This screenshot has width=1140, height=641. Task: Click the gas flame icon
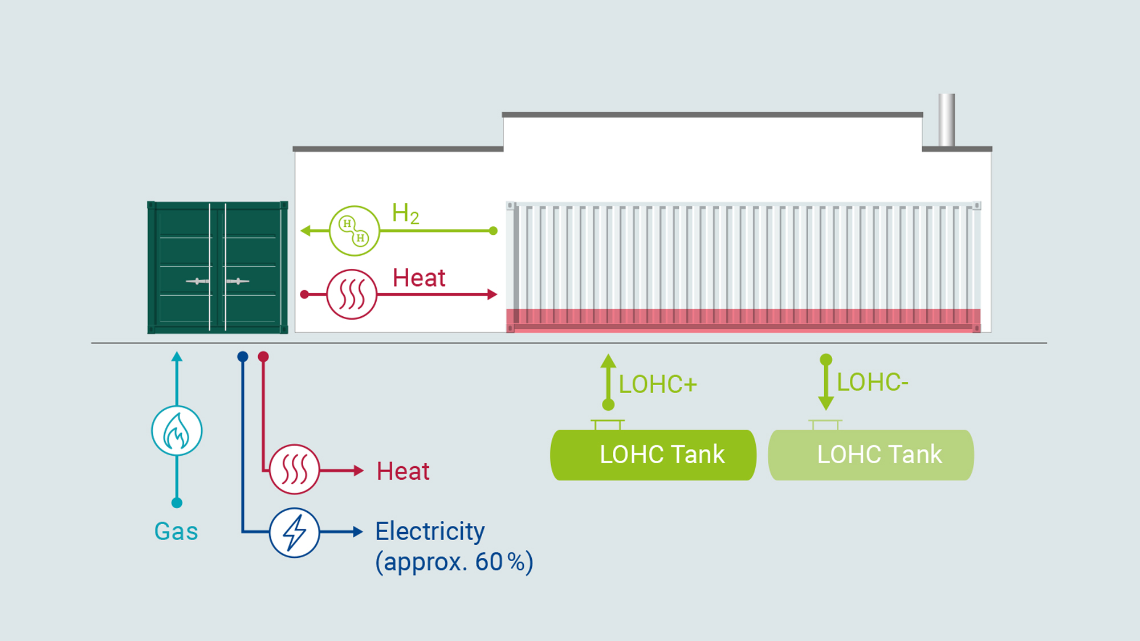click(x=177, y=431)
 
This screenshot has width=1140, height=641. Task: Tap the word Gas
click(x=176, y=531)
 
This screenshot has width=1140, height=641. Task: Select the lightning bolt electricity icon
click(x=294, y=532)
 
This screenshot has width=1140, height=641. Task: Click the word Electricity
click(x=430, y=531)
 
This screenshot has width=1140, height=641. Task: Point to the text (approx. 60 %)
click(x=454, y=562)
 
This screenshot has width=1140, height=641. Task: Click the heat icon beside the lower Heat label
click(x=294, y=469)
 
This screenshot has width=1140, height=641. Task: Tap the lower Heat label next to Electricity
click(x=403, y=471)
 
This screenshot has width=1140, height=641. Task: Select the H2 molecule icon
click(x=355, y=231)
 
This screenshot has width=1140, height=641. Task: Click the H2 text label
click(x=405, y=214)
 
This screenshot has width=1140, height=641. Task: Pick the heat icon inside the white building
click(x=352, y=295)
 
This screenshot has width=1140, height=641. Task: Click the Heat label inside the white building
click(x=419, y=278)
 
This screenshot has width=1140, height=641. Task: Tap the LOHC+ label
click(x=658, y=385)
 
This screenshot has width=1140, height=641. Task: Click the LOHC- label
click(x=872, y=382)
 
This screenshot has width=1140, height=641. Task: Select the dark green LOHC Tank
click(x=653, y=455)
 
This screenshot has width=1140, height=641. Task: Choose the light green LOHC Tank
click(x=871, y=455)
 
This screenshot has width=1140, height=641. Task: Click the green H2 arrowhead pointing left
click(x=306, y=231)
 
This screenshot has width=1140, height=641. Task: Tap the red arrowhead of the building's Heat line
click(x=492, y=295)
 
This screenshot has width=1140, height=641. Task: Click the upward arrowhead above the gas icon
click(x=177, y=357)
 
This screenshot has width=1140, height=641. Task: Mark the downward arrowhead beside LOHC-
click(x=826, y=403)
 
